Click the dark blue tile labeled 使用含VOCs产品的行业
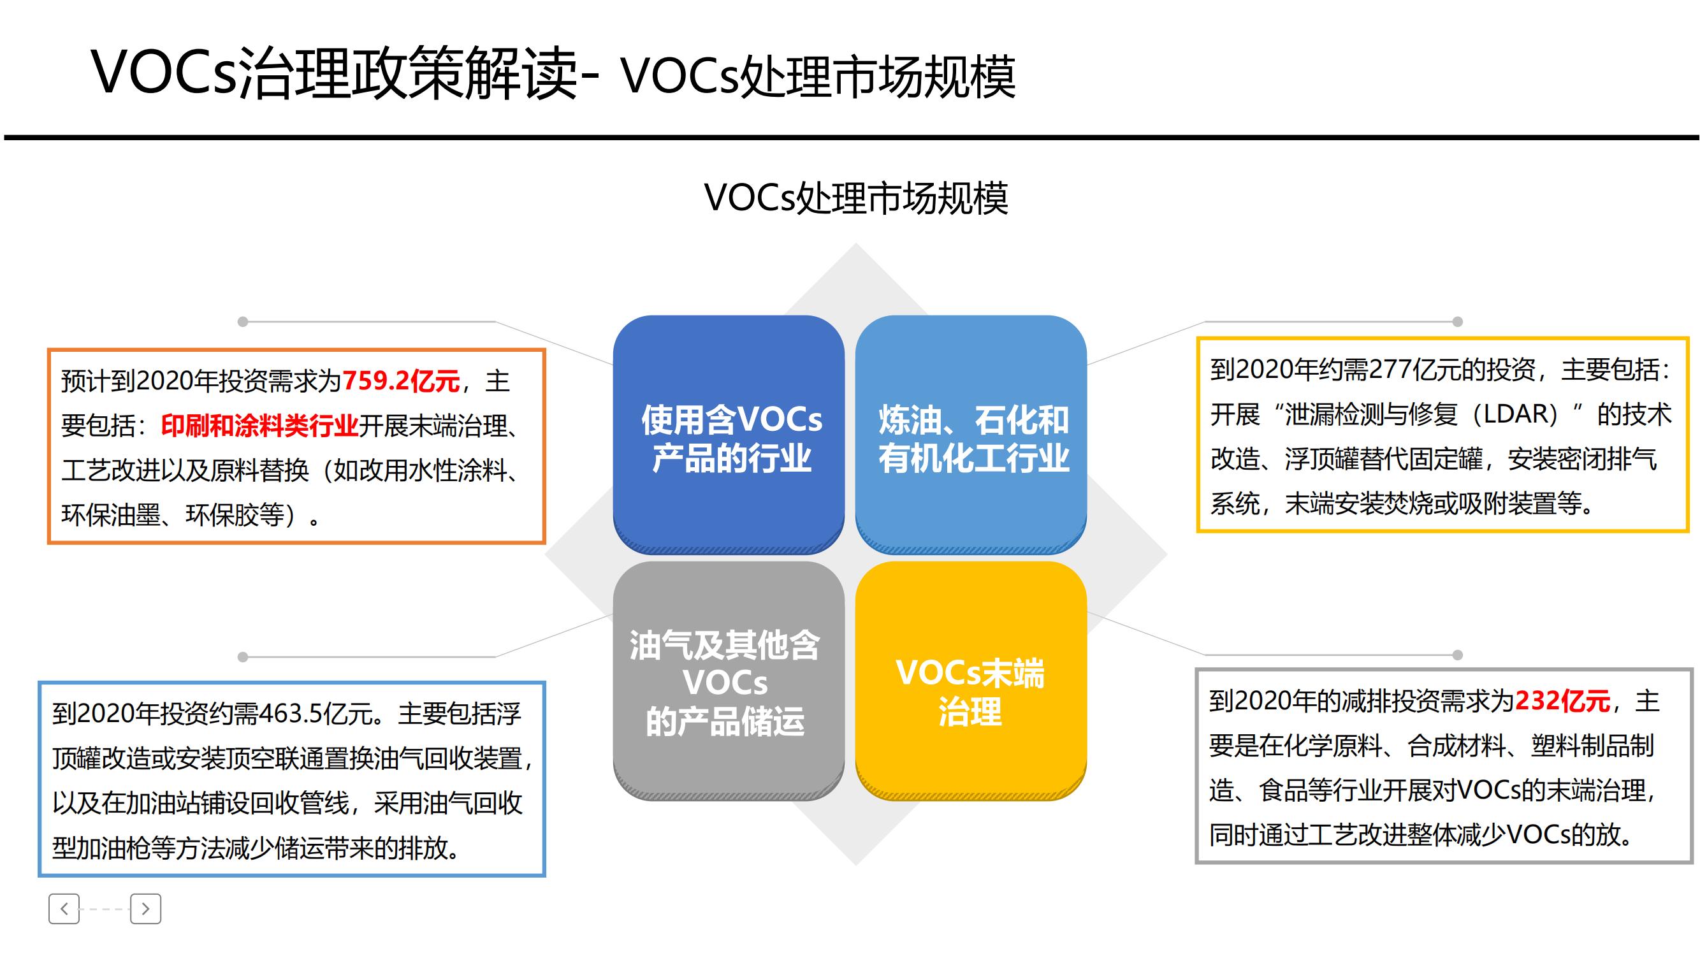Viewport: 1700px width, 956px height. click(729, 434)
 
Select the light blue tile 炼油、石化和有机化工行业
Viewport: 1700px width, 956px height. click(971, 434)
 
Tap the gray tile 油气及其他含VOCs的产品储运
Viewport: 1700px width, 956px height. click(729, 681)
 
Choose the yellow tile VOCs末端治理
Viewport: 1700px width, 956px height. click(971, 681)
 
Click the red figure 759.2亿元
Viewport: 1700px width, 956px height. click(401, 381)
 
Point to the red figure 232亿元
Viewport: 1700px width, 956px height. click(1562, 700)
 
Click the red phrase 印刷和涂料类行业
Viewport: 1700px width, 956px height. click(259, 426)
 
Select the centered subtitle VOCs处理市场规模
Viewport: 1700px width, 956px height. click(856, 198)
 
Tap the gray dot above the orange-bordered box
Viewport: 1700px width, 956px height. click(243, 322)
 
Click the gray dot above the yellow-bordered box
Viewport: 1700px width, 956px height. click(1458, 322)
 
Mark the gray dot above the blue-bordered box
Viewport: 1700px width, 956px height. click(243, 657)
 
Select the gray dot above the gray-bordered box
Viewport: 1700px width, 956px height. click(1458, 655)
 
